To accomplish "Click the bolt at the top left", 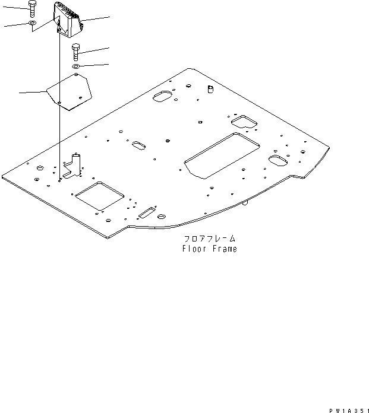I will tap(33, 9).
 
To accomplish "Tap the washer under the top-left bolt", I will tap(33, 23).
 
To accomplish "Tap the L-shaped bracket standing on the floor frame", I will tap(73, 167).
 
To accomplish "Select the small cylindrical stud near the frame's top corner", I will tap(209, 89).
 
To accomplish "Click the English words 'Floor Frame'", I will tap(209, 249).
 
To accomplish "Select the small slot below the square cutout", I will tap(146, 212).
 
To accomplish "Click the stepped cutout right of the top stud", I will tap(243, 122).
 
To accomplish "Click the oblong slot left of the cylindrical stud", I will tap(163, 96).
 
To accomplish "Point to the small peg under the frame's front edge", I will tap(245, 203).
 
